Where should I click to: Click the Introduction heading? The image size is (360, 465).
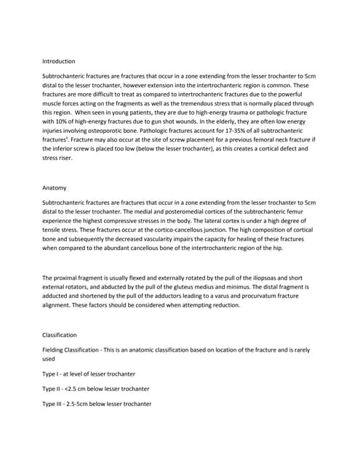(x=59, y=61)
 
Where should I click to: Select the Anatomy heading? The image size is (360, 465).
(x=55, y=188)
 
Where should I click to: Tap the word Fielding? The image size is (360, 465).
(x=56, y=350)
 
